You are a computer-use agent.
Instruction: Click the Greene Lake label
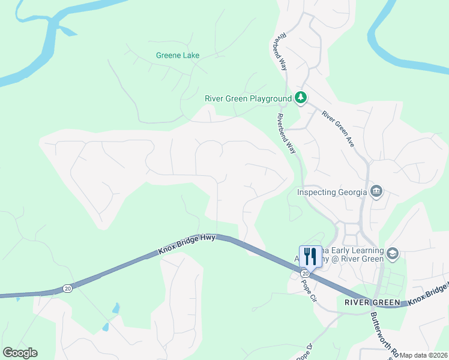[178, 55]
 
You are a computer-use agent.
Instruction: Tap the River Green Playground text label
[248, 98]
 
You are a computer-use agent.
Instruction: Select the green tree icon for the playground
[301, 97]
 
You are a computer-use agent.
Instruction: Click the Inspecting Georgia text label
[331, 192]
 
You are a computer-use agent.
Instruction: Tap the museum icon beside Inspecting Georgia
[376, 191]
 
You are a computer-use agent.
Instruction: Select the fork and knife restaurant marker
[310, 256]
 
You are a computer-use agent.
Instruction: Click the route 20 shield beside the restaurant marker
[305, 274]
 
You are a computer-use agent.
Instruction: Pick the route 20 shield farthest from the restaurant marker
[67, 289]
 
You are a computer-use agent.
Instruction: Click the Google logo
[20, 353]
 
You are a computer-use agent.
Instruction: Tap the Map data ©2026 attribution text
[423, 355]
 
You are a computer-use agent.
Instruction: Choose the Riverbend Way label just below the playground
[288, 133]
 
